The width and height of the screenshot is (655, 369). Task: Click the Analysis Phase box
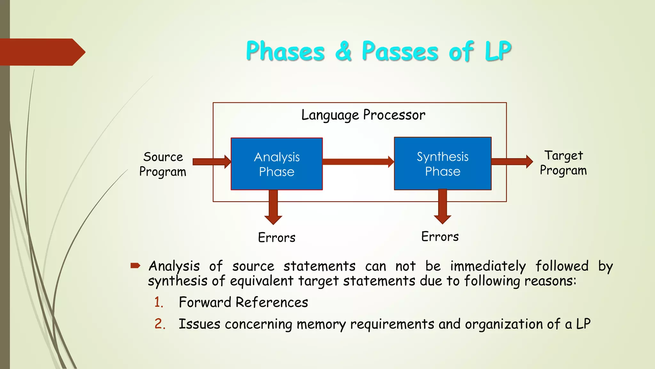[277, 164]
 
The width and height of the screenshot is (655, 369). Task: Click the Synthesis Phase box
[443, 164]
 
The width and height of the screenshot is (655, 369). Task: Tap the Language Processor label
[363, 115]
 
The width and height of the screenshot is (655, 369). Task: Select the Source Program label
[163, 164]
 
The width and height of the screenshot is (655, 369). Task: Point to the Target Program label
[563, 163]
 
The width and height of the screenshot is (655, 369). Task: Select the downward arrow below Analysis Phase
[273, 207]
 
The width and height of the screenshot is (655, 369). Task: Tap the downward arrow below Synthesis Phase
[442, 206]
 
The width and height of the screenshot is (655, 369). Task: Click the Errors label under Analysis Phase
[277, 238]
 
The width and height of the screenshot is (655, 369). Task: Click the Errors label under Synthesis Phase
[440, 237]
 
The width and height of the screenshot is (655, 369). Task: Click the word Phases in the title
[285, 51]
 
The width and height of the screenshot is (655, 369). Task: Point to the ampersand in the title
[343, 51]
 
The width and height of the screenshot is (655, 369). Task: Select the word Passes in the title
[400, 51]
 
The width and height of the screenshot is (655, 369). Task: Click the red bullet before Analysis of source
[135, 265]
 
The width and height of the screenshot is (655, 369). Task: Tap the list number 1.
[159, 302]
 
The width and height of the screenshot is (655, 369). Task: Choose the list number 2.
[160, 324]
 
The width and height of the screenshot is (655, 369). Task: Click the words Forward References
[243, 302]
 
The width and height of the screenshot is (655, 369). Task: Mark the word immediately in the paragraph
[488, 266]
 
